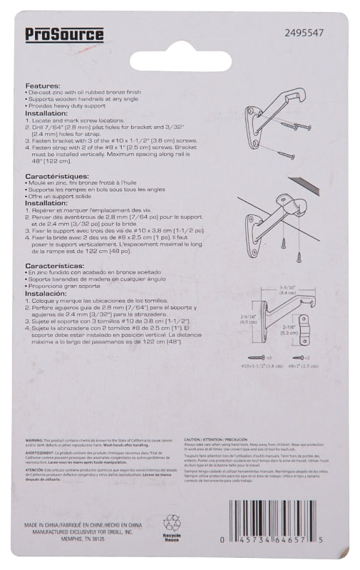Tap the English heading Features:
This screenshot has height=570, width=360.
click(45, 85)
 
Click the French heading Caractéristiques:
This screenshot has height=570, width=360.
click(57, 175)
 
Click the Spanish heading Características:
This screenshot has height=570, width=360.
click(56, 265)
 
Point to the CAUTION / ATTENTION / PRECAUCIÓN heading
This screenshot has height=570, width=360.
click(217, 442)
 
